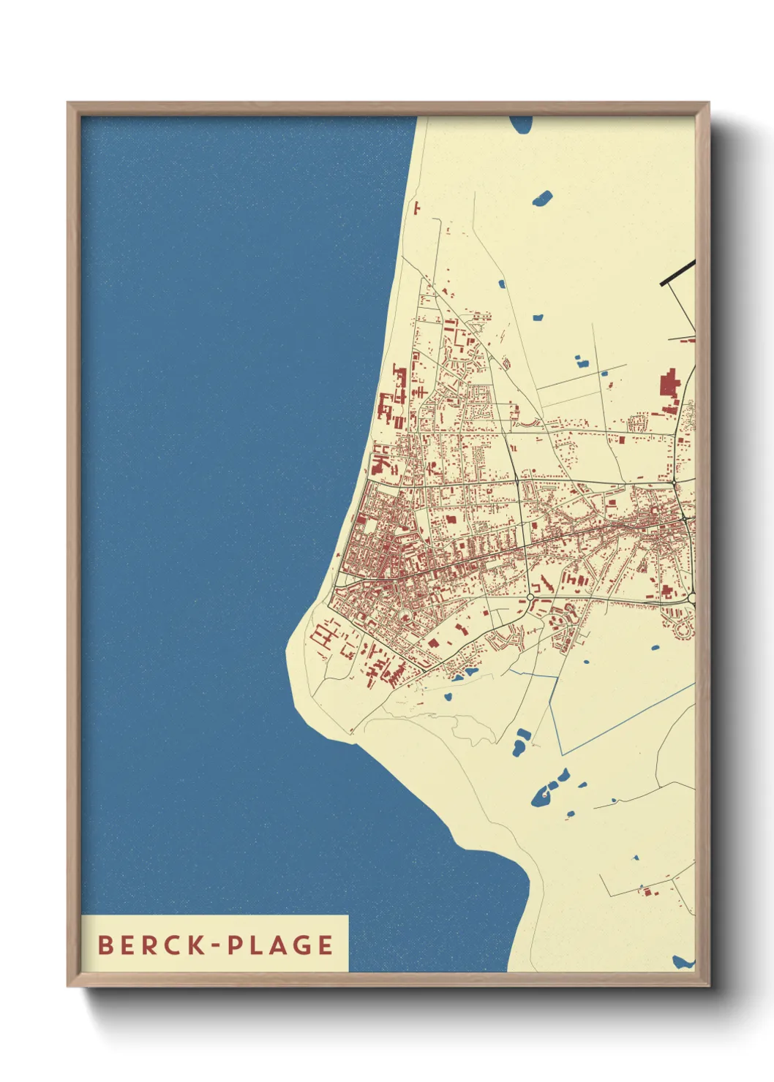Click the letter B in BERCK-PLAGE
(106, 945)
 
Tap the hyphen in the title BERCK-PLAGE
(216, 945)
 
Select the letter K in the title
(195, 945)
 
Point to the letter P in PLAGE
(236, 945)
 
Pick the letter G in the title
(301, 945)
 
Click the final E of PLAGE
(326, 945)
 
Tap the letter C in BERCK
(173, 945)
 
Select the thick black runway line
(677, 272)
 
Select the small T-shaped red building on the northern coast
(417, 208)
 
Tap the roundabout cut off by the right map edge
(691, 598)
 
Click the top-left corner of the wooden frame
(68, 103)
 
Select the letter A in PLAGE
(279, 945)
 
